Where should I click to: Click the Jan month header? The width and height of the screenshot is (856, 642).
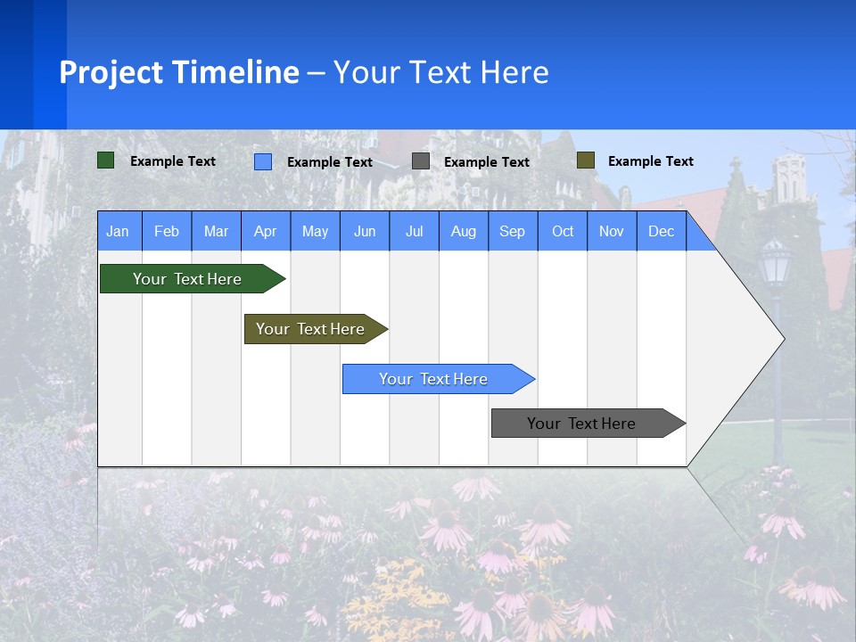118,231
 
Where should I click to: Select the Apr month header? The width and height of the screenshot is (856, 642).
265,231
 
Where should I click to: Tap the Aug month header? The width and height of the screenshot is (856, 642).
463,231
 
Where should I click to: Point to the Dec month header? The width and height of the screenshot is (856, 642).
661,231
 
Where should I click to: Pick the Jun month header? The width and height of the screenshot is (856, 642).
364,231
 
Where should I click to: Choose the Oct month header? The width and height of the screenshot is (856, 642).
562,231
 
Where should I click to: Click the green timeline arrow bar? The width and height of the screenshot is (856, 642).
187,279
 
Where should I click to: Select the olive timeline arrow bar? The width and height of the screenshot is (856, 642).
310,329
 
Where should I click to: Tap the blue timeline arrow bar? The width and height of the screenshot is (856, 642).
433,379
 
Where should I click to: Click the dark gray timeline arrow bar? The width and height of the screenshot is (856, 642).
581,424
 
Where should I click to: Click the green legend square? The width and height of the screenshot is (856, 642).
105,160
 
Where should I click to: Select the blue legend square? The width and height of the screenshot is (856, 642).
262,161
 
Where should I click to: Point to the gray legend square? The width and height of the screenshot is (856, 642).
420,161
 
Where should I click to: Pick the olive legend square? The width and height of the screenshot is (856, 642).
585,160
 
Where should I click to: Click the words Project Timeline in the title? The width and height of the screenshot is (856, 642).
178,72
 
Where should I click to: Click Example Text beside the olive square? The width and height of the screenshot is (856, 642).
650,161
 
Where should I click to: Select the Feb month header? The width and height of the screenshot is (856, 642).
167,231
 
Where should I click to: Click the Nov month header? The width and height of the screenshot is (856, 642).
611,231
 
